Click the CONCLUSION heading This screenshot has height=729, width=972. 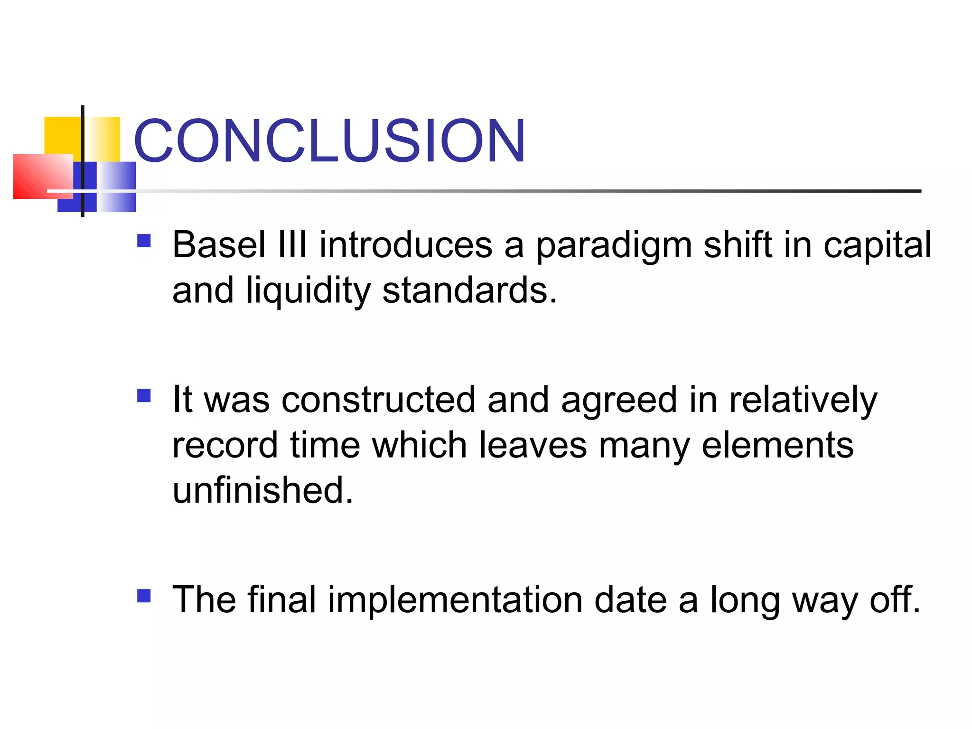click(329, 141)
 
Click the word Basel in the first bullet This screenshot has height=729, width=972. click(219, 245)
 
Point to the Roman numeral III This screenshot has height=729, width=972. click(293, 245)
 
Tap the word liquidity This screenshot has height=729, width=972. click(308, 290)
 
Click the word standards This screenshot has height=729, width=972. click(469, 290)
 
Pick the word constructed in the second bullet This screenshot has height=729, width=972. click(378, 400)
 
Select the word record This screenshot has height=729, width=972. click(224, 445)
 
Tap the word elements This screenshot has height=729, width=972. click(777, 445)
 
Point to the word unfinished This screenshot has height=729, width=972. click(262, 490)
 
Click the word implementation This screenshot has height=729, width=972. click(455, 599)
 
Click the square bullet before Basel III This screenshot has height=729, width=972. click(144, 241)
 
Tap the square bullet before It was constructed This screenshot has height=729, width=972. click(144, 396)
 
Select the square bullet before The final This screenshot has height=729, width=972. click(144, 596)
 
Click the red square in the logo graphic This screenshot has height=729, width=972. click(38, 177)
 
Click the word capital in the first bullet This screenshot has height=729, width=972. click(877, 246)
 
